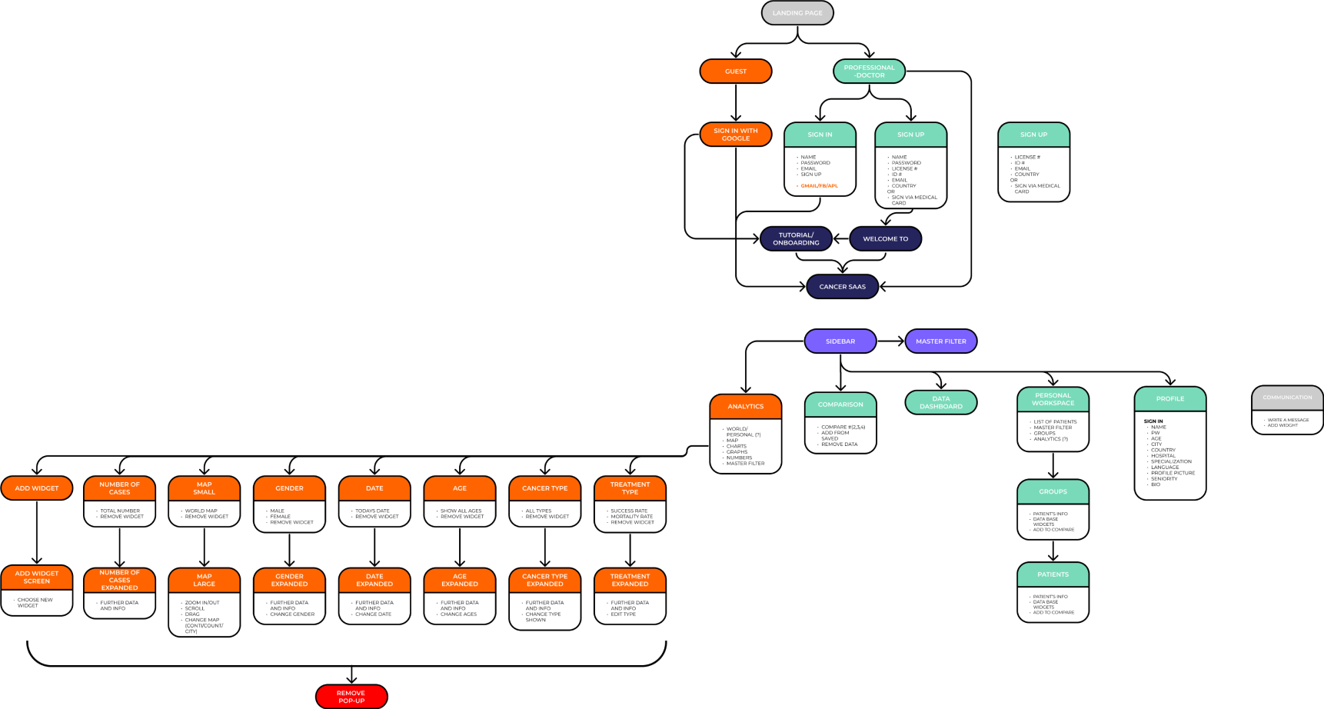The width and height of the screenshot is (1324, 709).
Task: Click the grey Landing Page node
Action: point(797,13)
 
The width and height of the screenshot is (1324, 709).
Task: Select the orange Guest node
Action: point(735,72)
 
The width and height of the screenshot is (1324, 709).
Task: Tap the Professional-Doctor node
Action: point(869,72)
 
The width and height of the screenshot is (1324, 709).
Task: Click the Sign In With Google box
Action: point(735,135)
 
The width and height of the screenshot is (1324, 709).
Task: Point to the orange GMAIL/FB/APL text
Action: point(819,186)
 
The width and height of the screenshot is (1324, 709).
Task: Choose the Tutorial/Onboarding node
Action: point(796,239)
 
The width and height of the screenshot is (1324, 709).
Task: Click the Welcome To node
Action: point(885,239)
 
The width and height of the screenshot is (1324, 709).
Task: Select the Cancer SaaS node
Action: point(842,287)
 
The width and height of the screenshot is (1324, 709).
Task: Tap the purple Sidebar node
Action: point(840,341)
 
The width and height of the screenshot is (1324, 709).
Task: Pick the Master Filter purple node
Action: point(940,341)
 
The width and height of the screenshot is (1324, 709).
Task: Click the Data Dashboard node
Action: point(940,402)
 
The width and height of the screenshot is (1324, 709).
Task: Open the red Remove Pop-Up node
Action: point(351,697)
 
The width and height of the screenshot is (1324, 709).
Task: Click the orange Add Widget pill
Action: point(37,488)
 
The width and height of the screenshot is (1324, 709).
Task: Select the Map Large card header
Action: point(204,580)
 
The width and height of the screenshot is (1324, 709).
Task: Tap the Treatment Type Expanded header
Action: point(630,580)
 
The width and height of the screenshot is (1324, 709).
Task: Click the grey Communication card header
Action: point(1287,398)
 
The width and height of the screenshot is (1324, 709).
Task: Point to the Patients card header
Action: point(1053,574)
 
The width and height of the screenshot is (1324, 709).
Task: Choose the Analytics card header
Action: point(745,407)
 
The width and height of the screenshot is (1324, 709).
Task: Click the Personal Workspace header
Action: point(1053,399)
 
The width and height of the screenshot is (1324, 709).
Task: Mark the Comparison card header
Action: point(840,404)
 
